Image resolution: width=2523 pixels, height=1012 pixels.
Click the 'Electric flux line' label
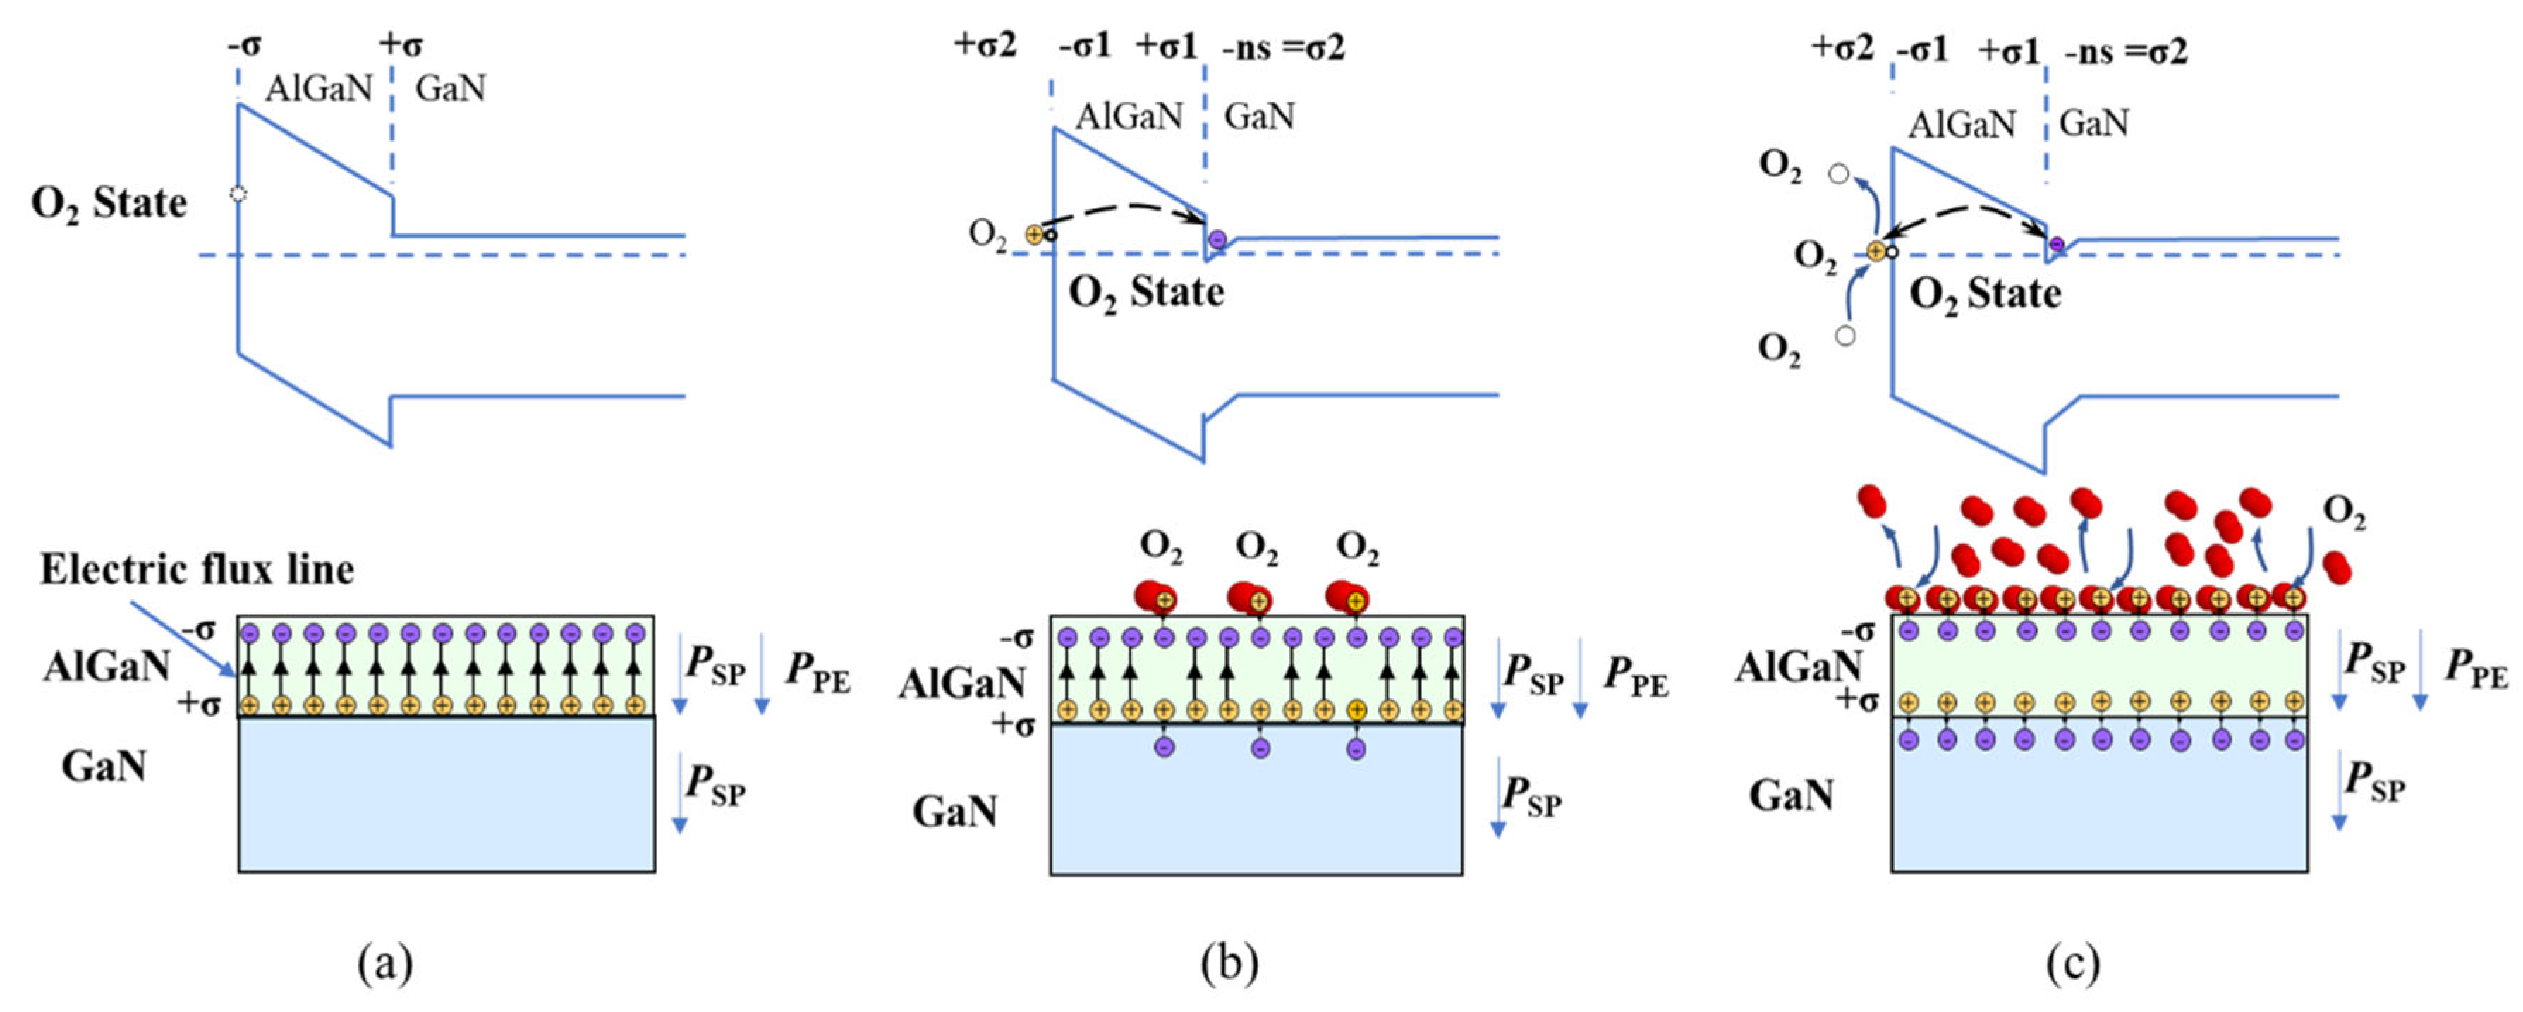point(197,569)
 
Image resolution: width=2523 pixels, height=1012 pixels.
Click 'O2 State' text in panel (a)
point(109,204)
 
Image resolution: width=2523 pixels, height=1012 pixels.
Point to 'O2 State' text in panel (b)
point(1146,292)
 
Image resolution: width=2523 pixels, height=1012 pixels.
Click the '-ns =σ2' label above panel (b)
point(1283,47)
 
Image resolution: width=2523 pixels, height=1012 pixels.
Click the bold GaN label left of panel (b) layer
point(955,811)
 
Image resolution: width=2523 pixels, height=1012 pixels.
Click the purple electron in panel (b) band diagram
point(1217,239)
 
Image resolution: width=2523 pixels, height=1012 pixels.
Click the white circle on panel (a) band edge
point(237,194)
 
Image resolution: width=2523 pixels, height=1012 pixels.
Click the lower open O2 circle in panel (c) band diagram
point(1845,336)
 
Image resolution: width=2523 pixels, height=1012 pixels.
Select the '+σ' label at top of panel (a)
point(401,44)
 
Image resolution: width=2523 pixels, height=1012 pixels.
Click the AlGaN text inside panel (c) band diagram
point(1962,124)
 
